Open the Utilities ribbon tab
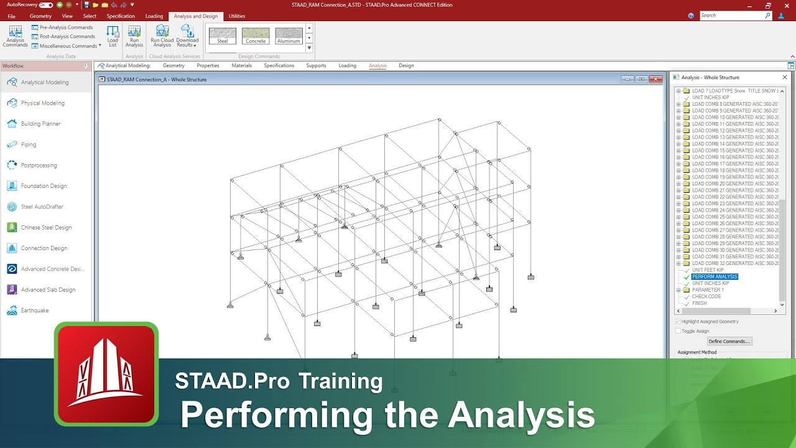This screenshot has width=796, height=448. [x=237, y=16]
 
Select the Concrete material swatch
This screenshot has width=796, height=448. [x=256, y=36]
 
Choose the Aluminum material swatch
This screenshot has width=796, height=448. [x=289, y=36]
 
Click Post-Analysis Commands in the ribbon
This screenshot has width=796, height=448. [x=67, y=36]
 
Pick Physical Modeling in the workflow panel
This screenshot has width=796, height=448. [x=42, y=103]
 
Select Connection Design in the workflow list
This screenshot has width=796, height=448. [x=44, y=248]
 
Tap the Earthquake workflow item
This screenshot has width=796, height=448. [x=34, y=310]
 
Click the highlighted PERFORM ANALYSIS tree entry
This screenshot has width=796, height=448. [x=715, y=277]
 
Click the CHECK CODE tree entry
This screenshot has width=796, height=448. [x=706, y=297]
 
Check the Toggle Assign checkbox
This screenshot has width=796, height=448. [x=678, y=331]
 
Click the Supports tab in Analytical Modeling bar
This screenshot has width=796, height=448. [x=316, y=65]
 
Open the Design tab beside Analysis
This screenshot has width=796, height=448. [x=406, y=65]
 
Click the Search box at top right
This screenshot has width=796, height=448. [x=734, y=16]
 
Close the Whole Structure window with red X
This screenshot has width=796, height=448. [x=655, y=79]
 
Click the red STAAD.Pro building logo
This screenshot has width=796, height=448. [x=106, y=373]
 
